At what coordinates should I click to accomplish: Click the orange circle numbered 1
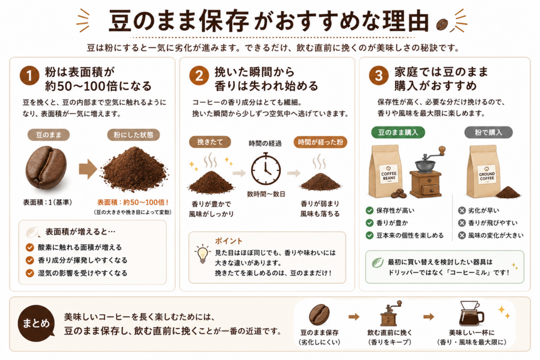[x=30, y=76]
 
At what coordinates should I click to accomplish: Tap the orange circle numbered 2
[x=199, y=76]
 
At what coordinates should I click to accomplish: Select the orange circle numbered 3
[x=379, y=76]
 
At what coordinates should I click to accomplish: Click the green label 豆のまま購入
[x=398, y=132]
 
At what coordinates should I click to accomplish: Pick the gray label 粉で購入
[x=488, y=132]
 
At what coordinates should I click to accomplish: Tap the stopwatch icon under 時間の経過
[x=266, y=169]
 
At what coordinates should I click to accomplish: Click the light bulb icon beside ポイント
[x=202, y=254]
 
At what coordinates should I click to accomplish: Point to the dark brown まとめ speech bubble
[x=36, y=323]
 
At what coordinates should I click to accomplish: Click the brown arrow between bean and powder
[x=88, y=169]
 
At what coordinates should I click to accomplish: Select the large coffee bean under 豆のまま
[x=46, y=168]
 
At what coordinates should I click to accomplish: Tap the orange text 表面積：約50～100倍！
[x=133, y=202]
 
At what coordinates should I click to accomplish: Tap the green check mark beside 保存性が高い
[x=370, y=211]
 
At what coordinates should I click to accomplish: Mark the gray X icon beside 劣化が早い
[x=462, y=211]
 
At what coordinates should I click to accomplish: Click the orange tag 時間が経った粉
[x=320, y=142]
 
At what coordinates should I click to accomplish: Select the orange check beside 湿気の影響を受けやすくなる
[x=30, y=273]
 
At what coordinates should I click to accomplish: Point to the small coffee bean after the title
[x=442, y=24]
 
